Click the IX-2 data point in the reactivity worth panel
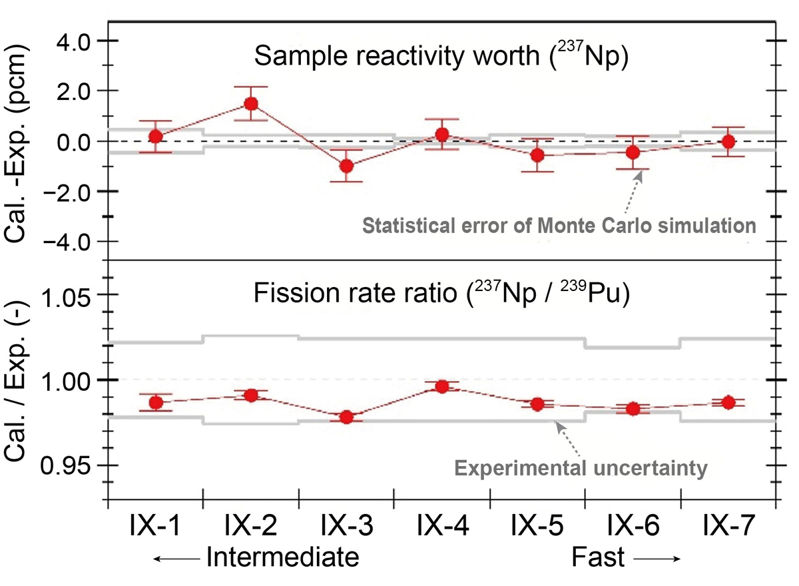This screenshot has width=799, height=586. pos(251,104)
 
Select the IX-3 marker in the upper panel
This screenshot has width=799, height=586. pos(346,166)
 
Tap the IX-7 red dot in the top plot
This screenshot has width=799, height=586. pos(728,142)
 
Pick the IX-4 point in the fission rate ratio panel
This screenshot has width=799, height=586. pos(441,387)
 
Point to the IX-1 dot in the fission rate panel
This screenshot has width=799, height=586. pos(156,403)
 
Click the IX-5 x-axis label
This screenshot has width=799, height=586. pos(537,527)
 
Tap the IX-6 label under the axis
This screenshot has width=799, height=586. pos(633,527)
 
